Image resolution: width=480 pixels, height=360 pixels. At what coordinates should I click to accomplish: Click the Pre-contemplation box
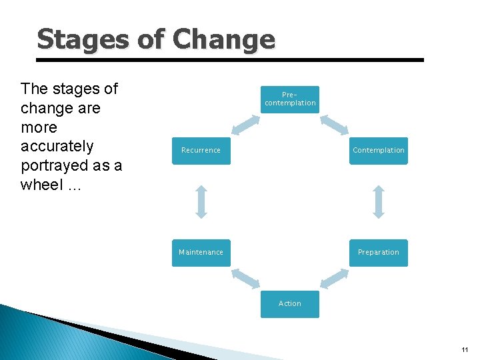pyautogui.click(x=289, y=99)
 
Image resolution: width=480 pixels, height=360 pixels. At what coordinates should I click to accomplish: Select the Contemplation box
pyautogui.click(x=378, y=151)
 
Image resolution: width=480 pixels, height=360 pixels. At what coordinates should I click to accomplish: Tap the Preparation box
pyautogui.click(x=378, y=253)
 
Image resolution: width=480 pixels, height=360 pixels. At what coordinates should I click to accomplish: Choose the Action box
pyautogui.click(x=289, y=304)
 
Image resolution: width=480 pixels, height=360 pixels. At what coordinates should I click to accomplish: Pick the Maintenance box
pyautogui.click(x=201, y=253)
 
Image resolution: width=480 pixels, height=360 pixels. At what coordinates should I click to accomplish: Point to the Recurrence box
pyautogui.click(x=201, y=151)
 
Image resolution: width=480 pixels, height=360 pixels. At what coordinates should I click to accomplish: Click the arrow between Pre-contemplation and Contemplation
pyautogui.click(x=334, y=125)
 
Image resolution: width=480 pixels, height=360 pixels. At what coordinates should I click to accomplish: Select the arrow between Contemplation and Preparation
pyautogui.click(x=379, y=201)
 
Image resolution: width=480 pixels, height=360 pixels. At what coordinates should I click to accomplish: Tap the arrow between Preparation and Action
pyautogui.click(x=334, y=279)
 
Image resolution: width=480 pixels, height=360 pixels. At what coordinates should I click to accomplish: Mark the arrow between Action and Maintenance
pyautogui.click(x=245, y=279)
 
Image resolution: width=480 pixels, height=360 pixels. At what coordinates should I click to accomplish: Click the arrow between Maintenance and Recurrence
pyautogui.click(x=201, y=201)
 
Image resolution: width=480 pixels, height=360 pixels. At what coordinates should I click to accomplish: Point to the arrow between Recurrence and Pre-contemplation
pyautogui.click(x=245, y=125)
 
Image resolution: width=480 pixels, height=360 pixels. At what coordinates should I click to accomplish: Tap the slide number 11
pyautogui.click(x=465, y=350)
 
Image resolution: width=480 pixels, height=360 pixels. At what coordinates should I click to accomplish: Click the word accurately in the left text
pyautogui.click(x=57, y=146)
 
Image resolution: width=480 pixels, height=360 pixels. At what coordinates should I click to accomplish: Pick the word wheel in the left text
pyautogui.click(x=41, y=185)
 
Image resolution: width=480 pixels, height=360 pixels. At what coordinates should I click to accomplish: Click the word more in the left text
pyautogui.click(x=39, y=127)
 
